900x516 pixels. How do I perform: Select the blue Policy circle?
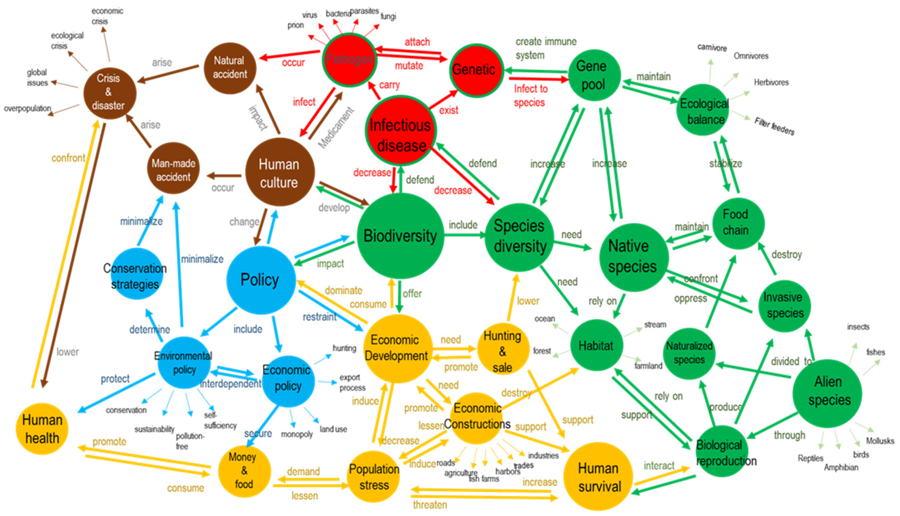[260, 280]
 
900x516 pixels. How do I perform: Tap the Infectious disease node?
[401, 131]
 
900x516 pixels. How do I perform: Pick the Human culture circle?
[280, 173]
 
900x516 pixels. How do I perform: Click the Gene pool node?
[594, 75]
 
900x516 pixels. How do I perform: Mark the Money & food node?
[244, 471]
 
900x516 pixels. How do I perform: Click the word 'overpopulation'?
[28, 108]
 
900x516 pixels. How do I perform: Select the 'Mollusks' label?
[880, 441]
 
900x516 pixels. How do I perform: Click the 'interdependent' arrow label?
[230, 384]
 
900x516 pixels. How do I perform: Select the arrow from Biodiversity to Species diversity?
[464, 235]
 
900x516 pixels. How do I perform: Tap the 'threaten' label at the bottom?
[430, 504]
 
